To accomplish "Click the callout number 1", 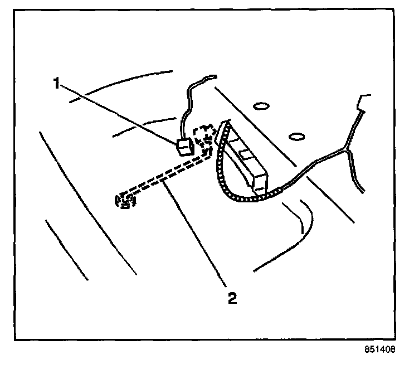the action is tap(56, 83).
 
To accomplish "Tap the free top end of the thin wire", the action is tap(213, 76).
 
